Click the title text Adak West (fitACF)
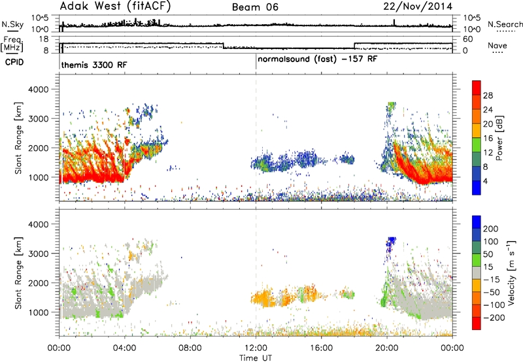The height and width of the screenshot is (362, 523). [115, 7]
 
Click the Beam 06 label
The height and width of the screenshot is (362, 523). [255, 7]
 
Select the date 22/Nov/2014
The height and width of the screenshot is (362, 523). [418, 7]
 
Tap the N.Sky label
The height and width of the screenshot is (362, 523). [12, 24]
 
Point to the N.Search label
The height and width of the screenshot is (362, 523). [505, 24]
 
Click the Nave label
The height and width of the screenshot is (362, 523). [498, 45]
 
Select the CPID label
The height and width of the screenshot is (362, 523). [14, 62]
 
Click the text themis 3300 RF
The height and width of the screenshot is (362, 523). [94, 65]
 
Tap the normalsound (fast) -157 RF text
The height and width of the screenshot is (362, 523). [318, 59]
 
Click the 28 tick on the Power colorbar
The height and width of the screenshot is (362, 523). [488, 95]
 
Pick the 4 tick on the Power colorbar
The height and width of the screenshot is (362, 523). [485, 181]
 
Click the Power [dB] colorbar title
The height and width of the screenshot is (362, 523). [499, 138]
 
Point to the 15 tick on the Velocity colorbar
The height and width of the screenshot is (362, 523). [487, 267]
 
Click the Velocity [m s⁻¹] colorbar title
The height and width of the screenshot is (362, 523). [511, 272]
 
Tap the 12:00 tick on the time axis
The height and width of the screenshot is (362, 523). [256, 348]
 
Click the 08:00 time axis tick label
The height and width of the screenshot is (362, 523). [190, 348]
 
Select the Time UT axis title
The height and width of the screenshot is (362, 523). [256, 358]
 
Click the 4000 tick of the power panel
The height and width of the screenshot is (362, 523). [39, 90]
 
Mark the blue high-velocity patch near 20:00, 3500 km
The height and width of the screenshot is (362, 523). [390, 242]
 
